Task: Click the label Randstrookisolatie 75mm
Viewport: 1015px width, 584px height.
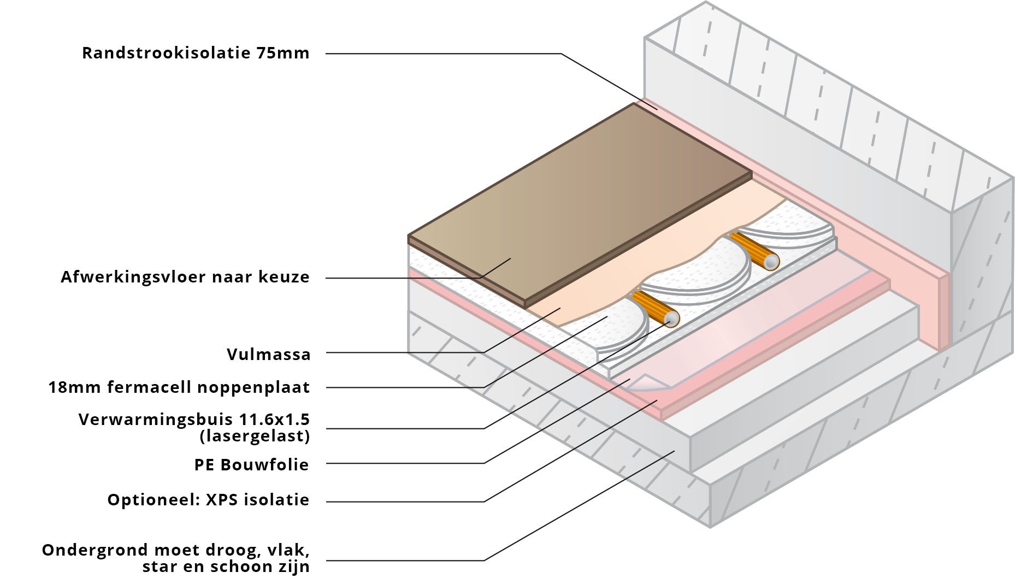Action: [196, 53]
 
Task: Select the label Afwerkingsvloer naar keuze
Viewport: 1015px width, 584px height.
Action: [185, 277]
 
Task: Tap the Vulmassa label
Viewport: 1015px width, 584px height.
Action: [268, 355]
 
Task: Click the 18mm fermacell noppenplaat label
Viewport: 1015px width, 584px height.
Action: [179, 387]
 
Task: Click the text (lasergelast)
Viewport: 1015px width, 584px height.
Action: [255, 436]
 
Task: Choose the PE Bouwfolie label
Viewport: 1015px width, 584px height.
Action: [251, 465]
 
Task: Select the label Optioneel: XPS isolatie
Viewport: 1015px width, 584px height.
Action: [208, 500]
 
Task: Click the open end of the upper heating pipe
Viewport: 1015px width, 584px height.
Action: [771, 262]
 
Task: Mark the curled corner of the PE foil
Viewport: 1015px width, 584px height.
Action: [647, 382]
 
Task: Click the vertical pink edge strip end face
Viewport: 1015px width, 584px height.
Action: [943, 311]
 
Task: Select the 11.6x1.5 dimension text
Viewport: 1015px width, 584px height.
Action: [274, 420]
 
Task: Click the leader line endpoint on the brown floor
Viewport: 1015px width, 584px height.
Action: [511, 258]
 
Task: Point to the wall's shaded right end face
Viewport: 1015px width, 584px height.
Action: [981, 262]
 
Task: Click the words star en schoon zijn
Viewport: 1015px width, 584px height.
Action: [226, 567]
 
